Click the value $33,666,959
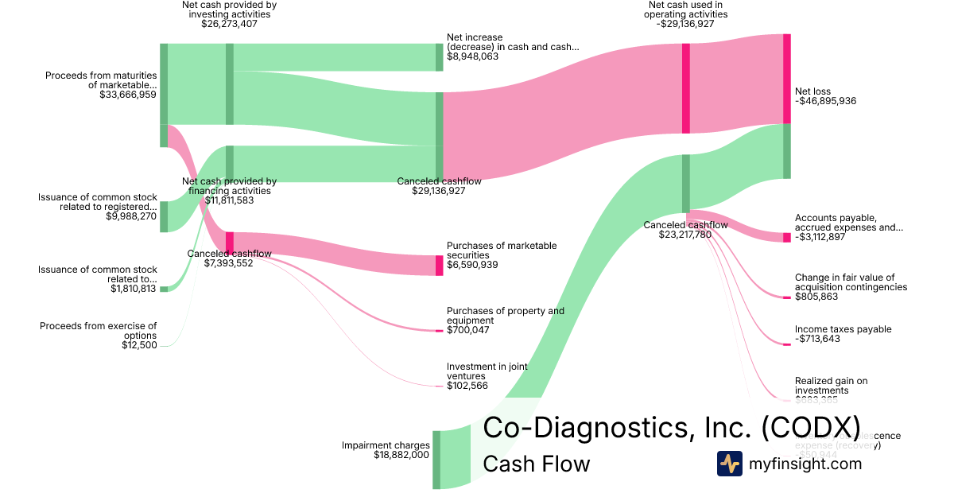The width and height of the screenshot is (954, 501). click(128, 95)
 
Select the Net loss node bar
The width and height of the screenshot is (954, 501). click(787, 79)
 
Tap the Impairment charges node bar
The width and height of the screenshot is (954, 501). click(436, 460)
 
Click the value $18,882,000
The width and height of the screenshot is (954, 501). click(401, 456)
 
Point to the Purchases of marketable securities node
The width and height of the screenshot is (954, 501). click(439, 265)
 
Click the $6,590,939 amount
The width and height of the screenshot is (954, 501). click(472, 265)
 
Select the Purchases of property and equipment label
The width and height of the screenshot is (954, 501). click(506, 316)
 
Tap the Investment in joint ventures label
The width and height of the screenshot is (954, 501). click(487, 371)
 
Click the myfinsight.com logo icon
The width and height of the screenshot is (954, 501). click(729, 464)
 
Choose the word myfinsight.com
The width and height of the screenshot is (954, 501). click(805, 464)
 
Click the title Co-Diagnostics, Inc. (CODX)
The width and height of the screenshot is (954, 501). click(672, 427)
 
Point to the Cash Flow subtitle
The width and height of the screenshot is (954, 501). click(537, 464)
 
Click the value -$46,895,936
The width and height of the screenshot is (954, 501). click(826, 102)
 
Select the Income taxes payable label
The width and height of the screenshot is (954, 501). click(843, 329)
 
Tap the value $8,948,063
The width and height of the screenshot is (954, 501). click(472, 56)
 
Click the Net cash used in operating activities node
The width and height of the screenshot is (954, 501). click(685, 88)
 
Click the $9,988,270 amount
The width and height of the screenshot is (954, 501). click(131, 216)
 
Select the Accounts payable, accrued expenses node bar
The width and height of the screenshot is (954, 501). click(787, 237)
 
